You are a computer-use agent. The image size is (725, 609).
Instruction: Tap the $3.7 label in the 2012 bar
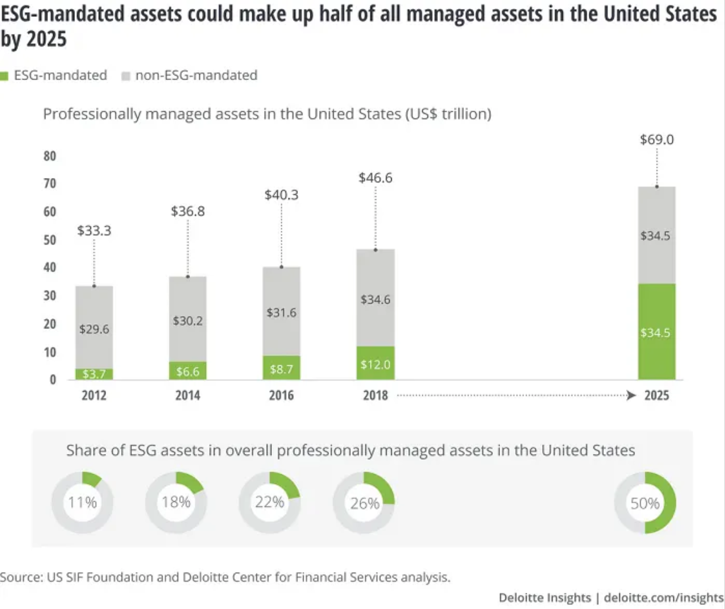click(94, 374)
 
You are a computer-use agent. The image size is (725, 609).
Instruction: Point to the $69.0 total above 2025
click(657, 140)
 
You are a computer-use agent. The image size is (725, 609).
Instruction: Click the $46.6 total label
click(375, 178)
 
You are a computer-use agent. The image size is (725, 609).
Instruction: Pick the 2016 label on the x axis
click(281, 395)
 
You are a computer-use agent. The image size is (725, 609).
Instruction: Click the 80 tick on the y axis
click(50, 156)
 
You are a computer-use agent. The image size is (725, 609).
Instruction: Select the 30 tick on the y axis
click(50, 296)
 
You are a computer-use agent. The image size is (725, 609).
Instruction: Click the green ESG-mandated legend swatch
click(4, 76)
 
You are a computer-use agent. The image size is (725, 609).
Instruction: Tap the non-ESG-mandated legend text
click(196, 75)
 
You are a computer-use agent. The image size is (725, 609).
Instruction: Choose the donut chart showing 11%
click(82, 502)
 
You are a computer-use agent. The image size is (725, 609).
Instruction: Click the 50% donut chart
click(645, 502)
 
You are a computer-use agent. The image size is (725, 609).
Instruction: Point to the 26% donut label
click(364, 503)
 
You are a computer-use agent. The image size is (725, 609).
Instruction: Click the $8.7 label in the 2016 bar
click(281, 369)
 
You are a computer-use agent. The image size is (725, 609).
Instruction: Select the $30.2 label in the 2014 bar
click(188, 321)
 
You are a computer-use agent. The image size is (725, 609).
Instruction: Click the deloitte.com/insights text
click(663, 598)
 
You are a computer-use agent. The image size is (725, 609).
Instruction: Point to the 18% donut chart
click(176, 502)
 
